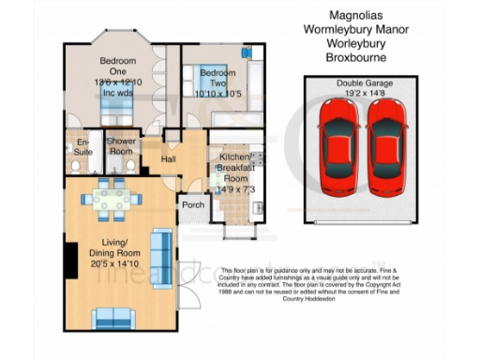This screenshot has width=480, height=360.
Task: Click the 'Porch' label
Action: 193,205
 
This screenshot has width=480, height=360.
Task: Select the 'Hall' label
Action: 169,160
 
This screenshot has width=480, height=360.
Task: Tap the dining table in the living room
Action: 111,198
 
